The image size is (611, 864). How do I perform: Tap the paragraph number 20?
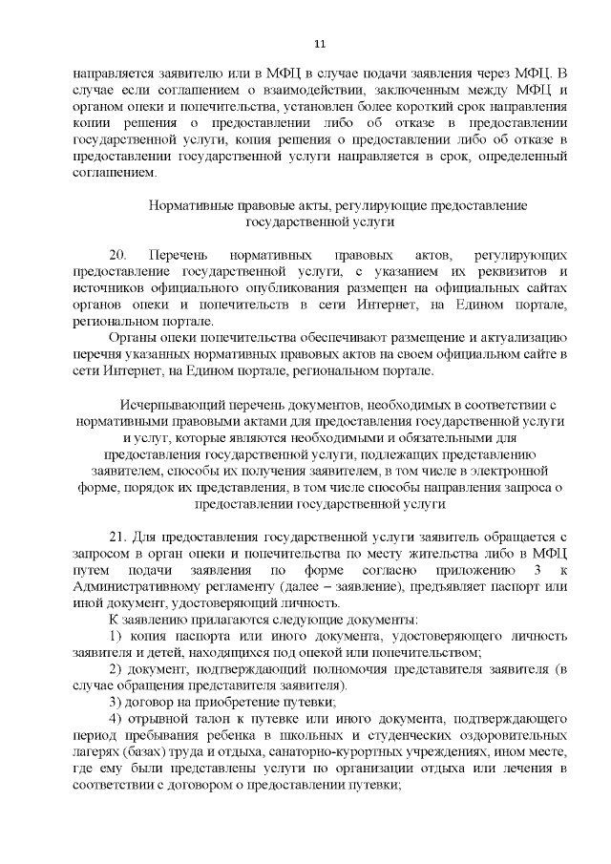pos(118,256)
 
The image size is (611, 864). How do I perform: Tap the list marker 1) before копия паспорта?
pos(115,637)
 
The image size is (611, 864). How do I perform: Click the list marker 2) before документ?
pos(115,670)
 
